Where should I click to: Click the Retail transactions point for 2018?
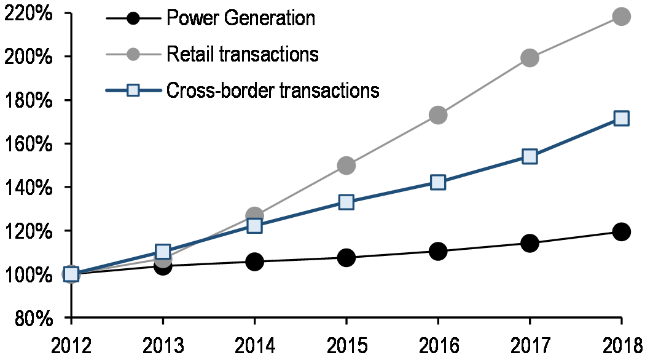pyautogui.click(x=621, y=17)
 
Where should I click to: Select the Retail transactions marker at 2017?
pyautogui.click(x=529, y=58)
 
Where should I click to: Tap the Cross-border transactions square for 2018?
pyautogui.click(x=621, y=118)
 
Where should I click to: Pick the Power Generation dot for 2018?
pyautogui.click(x=621, y=232)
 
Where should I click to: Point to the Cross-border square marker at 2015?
pyautogui.click(x=346, y=202)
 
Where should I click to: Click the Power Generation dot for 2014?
pyautogui.click(x=254, y=261)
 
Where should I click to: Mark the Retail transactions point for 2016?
pyautogui.click(x=437, y=115)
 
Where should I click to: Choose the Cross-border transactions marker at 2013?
pyautogui.click(x=163, y=252)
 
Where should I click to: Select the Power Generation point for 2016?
pyautogui.click(x=437, y=251)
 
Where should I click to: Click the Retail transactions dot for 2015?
pyautogui.click(x=346, y=166)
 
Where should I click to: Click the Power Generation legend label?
pyautogui.click(x=241, y=18)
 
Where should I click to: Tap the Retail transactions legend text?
pyautogui.click(x=243, y=54)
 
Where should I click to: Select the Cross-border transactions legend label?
pyautogui.click(x=273, y=90)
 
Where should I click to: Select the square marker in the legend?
pyautogui.click(x=133, y=91)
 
